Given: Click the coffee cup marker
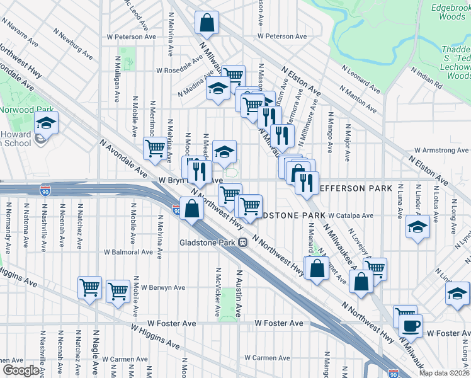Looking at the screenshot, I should [411, 325].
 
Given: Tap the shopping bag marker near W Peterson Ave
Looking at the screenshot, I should [207, 23].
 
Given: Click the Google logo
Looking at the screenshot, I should [21, 370].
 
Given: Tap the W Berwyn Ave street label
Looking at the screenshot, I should [162, 287].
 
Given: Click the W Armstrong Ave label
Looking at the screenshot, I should [441, 151].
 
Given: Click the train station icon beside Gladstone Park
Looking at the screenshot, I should [242, 243].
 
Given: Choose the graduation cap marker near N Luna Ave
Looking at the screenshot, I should [417, 227].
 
